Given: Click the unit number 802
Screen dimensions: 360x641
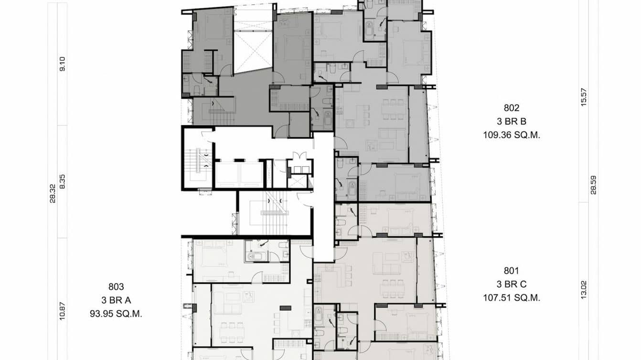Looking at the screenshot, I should click(511, 108).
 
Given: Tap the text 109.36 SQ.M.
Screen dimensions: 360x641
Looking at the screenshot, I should click(511, 135).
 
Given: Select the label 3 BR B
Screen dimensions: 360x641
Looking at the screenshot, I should click(511, 122).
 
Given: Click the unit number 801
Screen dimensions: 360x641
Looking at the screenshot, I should click(511, 271).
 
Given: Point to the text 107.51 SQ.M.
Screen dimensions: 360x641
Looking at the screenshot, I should click(511, 298).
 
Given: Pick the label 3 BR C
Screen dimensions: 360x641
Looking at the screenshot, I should click(511, 285).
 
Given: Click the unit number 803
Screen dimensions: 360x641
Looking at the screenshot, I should click(116, 287).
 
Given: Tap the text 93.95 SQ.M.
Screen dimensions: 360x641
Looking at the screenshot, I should click(116, 314).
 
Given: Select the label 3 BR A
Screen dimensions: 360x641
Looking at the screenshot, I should click(116, 300).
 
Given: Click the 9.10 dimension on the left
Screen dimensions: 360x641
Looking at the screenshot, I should click(62, 64).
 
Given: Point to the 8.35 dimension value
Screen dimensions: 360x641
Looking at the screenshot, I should click(62, 181).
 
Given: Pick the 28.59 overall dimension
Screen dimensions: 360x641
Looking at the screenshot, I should click(593, 184).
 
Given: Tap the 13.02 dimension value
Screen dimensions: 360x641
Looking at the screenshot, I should click(583, 289).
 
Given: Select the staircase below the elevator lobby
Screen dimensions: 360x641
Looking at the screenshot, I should click(274, 212).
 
